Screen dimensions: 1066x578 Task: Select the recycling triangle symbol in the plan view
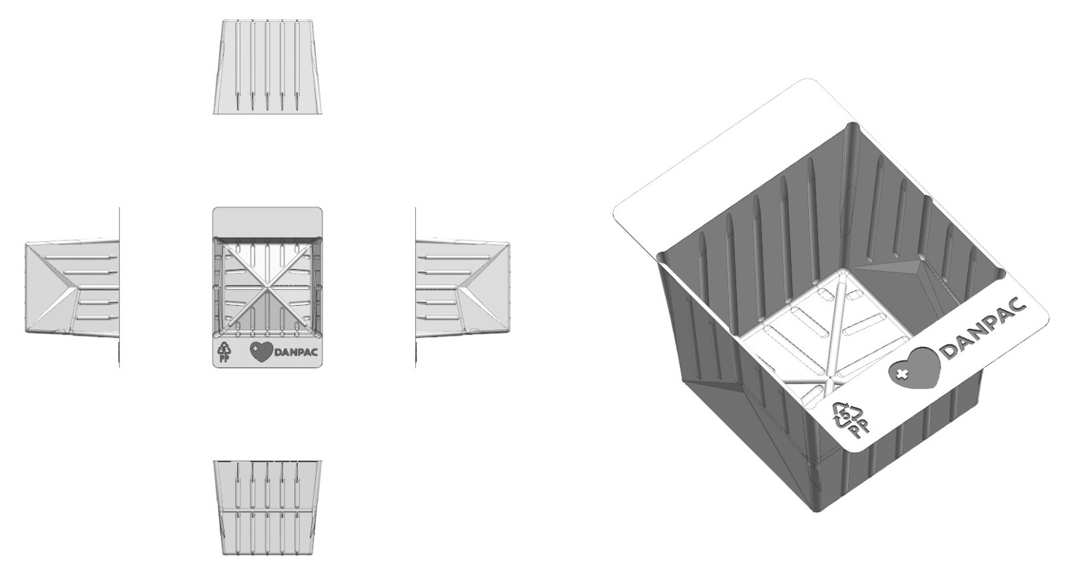223,349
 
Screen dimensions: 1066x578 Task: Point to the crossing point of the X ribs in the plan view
267,286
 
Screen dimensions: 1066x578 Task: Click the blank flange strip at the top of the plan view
267,221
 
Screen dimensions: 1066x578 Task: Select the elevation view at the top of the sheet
267,67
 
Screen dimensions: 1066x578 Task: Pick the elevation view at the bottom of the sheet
267,507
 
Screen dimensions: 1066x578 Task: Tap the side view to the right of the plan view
463,288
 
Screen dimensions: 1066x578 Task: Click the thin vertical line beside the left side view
119,287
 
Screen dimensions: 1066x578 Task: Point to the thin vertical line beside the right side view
416,287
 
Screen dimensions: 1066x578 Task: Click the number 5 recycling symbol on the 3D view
842,416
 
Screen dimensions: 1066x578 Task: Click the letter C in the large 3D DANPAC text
1019,306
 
